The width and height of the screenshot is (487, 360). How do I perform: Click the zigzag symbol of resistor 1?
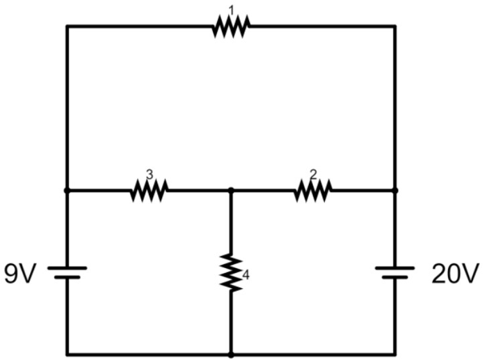point(231,27)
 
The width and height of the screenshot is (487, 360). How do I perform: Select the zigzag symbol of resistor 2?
point(313,190)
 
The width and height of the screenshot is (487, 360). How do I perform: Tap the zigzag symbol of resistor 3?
point(149,190)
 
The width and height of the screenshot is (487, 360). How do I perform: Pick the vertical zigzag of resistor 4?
point(231,272)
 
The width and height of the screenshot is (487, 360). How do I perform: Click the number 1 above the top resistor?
point(231,9)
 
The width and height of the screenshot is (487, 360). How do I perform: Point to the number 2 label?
point(313,173)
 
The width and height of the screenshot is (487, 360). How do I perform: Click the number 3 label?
point(149,173)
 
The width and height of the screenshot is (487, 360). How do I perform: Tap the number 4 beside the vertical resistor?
point(246,276)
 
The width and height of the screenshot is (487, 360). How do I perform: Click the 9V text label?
point(19,274)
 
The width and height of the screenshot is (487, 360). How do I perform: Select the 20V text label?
point(456,274)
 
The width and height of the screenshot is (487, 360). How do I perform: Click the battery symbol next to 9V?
point(67,272)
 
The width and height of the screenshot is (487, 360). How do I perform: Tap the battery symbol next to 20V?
point(394,272)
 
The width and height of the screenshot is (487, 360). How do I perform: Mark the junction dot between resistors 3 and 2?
point(231,190)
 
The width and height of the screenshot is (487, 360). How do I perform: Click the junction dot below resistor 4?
point(231,354)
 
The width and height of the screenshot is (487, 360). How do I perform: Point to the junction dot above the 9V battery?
point(67,190)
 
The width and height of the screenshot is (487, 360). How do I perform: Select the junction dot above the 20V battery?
point(394,190)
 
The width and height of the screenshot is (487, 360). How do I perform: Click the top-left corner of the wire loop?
point(67,26)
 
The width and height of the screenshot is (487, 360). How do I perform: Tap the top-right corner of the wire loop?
point(394,26)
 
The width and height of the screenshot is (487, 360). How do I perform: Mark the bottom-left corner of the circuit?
point(67,354)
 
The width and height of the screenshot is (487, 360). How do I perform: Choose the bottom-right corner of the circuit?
point(394,354)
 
